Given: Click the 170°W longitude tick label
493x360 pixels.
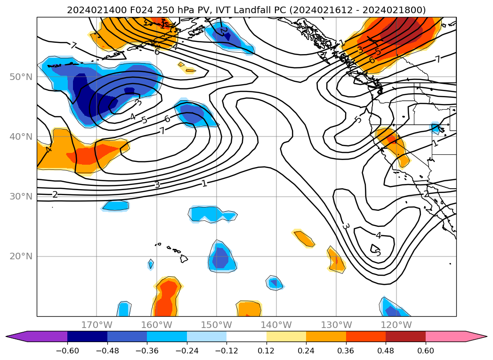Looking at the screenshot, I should [97, 325].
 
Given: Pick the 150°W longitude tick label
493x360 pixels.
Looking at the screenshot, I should [216, 325].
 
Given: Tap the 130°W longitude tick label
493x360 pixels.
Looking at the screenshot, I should [336, 325].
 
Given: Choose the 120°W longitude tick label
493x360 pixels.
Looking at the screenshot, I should [396, 325].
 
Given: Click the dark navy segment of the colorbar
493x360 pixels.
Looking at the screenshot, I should [87, 336].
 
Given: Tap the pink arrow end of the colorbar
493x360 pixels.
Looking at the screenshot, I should [476, 336].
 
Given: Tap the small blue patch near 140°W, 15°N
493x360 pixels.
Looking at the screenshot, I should [274, 282].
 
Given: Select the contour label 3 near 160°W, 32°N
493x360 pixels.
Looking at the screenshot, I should [157, 185].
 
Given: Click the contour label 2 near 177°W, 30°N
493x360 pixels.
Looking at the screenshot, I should [55, 194].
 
